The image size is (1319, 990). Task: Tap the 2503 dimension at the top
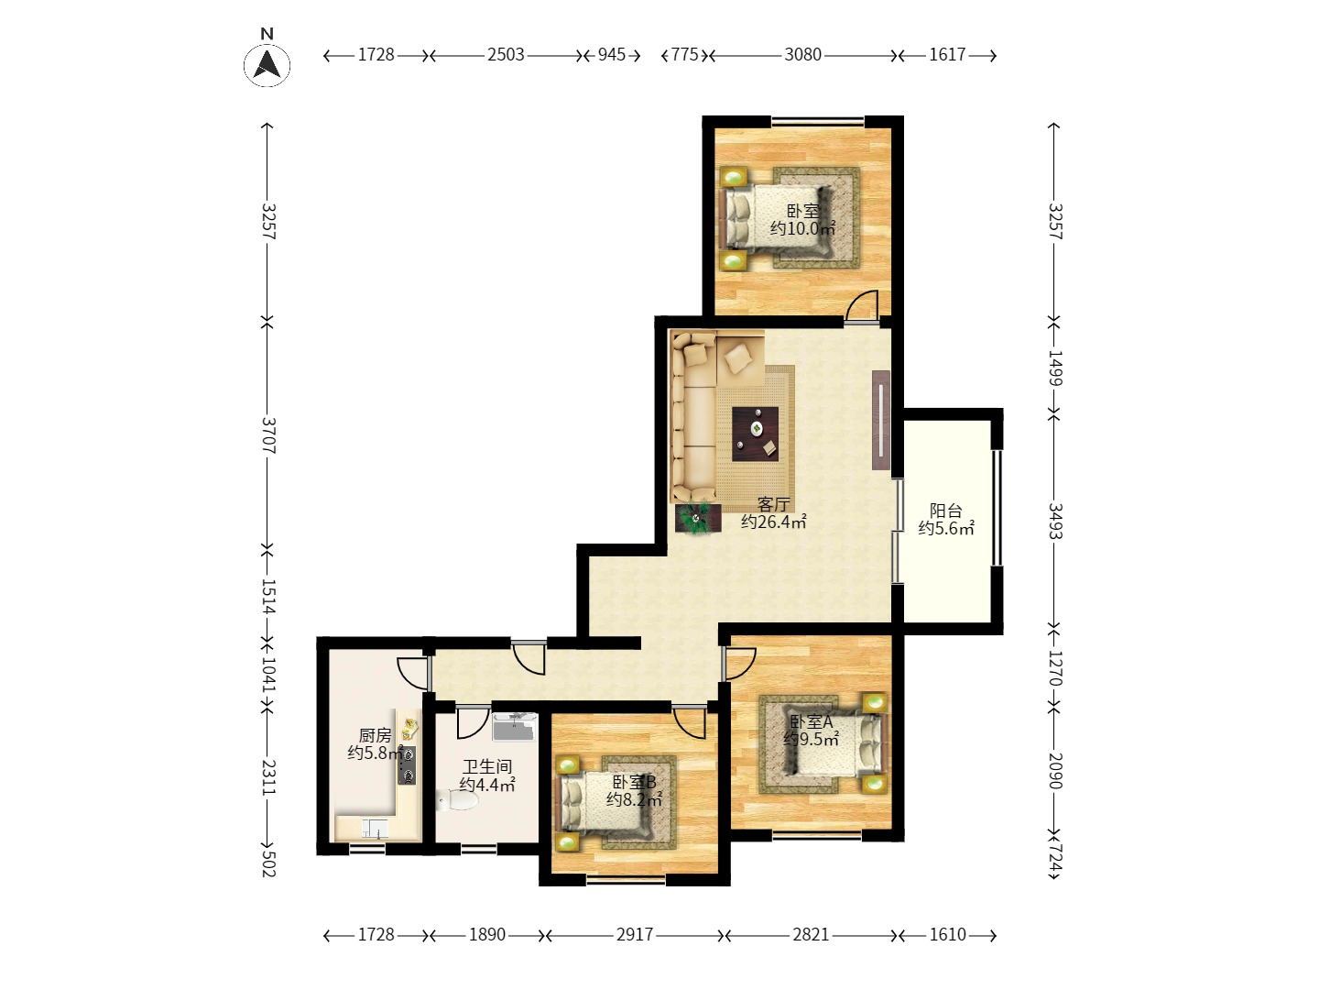pos(506,55)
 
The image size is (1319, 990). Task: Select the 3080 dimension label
pos(802,55)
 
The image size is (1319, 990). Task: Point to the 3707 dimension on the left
pos(268,435)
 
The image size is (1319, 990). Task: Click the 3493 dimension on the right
pos(1054,521)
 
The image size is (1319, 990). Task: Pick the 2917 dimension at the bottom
pos(635,935)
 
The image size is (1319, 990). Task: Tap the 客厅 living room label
pos(773,504)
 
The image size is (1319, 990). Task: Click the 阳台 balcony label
pos(946,511)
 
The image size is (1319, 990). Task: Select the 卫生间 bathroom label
pos(487,766)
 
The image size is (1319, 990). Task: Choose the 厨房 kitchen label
pos(375,734)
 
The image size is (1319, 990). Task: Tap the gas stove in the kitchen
pos(407,764)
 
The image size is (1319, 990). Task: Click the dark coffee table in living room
pos(755,434)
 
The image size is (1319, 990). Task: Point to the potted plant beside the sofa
pos(698,518)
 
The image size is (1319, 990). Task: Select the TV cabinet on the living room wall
pos(880,420)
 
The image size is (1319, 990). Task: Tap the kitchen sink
pos(375,829)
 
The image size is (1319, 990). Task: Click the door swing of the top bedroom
pos(862,306)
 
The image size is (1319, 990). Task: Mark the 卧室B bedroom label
pos(634,782)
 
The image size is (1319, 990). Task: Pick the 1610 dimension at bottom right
pos(948,935)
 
